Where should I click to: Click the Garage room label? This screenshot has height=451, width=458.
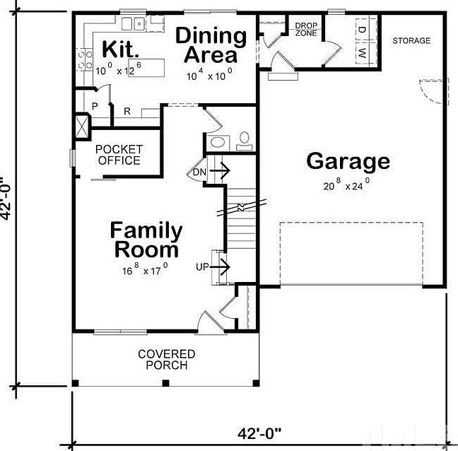tap(348, 161)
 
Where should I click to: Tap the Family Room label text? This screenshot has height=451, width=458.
tap(146, 240)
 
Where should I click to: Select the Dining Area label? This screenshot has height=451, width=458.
tap(211, 45)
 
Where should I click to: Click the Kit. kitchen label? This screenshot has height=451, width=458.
tap(121, 49)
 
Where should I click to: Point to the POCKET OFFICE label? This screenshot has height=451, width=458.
tap(119, 155)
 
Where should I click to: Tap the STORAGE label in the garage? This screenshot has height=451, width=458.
tap(411, 41)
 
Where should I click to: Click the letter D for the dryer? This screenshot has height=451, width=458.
tap(360, 30)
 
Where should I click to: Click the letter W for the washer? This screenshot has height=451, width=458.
tap(360, 53)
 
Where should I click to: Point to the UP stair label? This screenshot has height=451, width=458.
tap(202, 266)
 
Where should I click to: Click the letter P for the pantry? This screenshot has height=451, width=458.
tap(94, 107)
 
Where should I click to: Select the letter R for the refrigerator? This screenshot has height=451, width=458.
tap(127, 111)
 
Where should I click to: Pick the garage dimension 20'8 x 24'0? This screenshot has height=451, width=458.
tap(346, 185)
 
